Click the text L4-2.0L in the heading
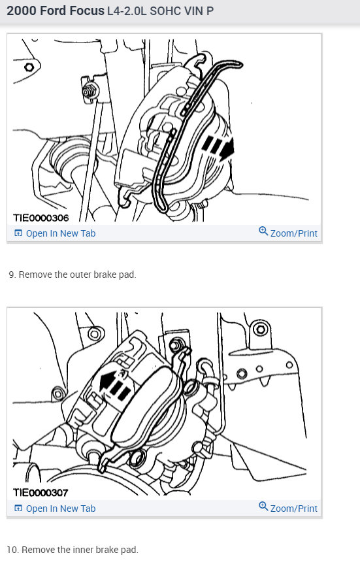[128, 11]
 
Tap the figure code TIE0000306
[41, 218]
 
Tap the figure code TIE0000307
[41, 492]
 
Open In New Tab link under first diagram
[60, 233]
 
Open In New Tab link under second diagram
[60, 509]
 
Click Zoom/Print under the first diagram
[293, 233]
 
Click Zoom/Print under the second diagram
[293, 509]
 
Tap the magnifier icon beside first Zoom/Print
[263, 231]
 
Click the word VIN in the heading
[191, 11]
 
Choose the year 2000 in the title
[21, 10]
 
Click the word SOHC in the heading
[165, 11]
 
